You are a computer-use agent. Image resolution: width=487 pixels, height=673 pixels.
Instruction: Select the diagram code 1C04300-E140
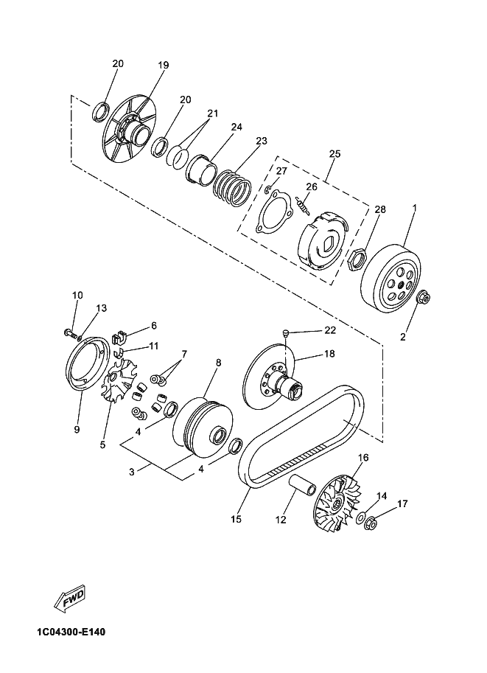coord(71,632)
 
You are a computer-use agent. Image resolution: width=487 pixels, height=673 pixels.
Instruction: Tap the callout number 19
coord(163,66)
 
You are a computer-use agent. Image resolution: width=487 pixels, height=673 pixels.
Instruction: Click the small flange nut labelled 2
coord(423,297)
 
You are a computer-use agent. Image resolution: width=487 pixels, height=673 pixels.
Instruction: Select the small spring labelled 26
coord(303,205)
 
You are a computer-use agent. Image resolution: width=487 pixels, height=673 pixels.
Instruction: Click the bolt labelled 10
coord(70,332)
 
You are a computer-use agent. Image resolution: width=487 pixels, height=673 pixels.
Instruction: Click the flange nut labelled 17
coord(371,523)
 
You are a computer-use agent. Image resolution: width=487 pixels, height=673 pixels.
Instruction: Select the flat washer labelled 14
coord(360,517)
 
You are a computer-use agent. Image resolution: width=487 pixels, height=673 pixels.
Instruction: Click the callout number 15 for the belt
coord(236,519)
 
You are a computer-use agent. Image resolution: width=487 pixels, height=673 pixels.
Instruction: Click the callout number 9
coord(77,429)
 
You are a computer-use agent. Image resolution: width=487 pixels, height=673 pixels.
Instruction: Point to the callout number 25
coord(334,153)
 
